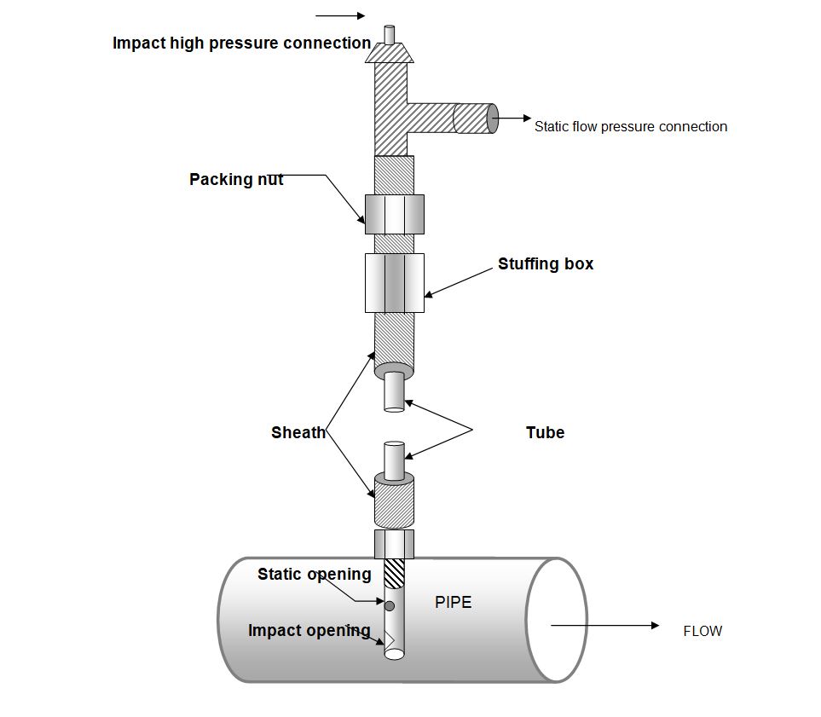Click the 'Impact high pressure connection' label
click(x=241, y=43)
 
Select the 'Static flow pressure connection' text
click(x=631, y=126)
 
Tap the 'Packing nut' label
click(x=236, y=179)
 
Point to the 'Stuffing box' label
click(x=546, y=263)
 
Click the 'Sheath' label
click(x=298, y=432)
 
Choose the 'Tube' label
click(x=545, y=432)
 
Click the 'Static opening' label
click(x=314, y=574)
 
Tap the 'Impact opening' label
click(x=309, y=630)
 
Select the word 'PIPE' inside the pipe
click(x=453, y=602)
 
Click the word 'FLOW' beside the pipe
click(x=702, y=631)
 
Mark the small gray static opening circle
click(x=390, y=605)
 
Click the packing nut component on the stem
click(x=394, y=214)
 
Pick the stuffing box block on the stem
click(x=394, y=282)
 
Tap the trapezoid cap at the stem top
click(x=390, y=53)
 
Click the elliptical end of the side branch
click(x=491, y=119)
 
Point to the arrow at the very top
click(x=340, y=15)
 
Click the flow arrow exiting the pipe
click(x=605, y=625)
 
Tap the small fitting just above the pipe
click(x=394, y=543)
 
